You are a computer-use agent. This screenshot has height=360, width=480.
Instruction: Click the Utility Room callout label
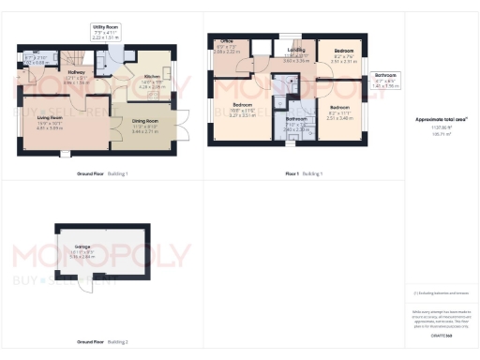pos(105,33)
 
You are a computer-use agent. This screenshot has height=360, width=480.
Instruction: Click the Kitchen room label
pos(152,82)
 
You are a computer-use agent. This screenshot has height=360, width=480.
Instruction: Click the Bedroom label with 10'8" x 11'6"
pos(242,111)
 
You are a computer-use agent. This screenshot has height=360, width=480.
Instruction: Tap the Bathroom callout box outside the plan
pos(385,80)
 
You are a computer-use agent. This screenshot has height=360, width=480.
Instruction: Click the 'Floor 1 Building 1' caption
pos(305,173)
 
